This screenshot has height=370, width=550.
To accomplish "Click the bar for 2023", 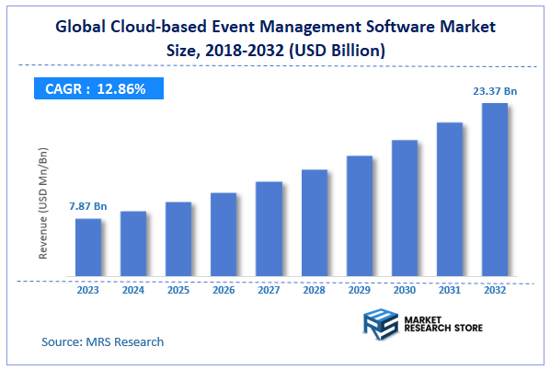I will (x=88, y=247).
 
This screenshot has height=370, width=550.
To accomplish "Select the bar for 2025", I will (x=178, y=238).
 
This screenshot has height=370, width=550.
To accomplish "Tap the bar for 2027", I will (x=269, y=228).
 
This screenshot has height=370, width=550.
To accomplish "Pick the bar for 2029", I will (x=359, y=215).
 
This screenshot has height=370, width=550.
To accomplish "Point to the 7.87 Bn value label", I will (x=88, y=207).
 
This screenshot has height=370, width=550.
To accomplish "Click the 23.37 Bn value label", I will (x=495, y=90).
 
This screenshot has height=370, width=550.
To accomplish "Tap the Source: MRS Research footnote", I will (x=102, y=341).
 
